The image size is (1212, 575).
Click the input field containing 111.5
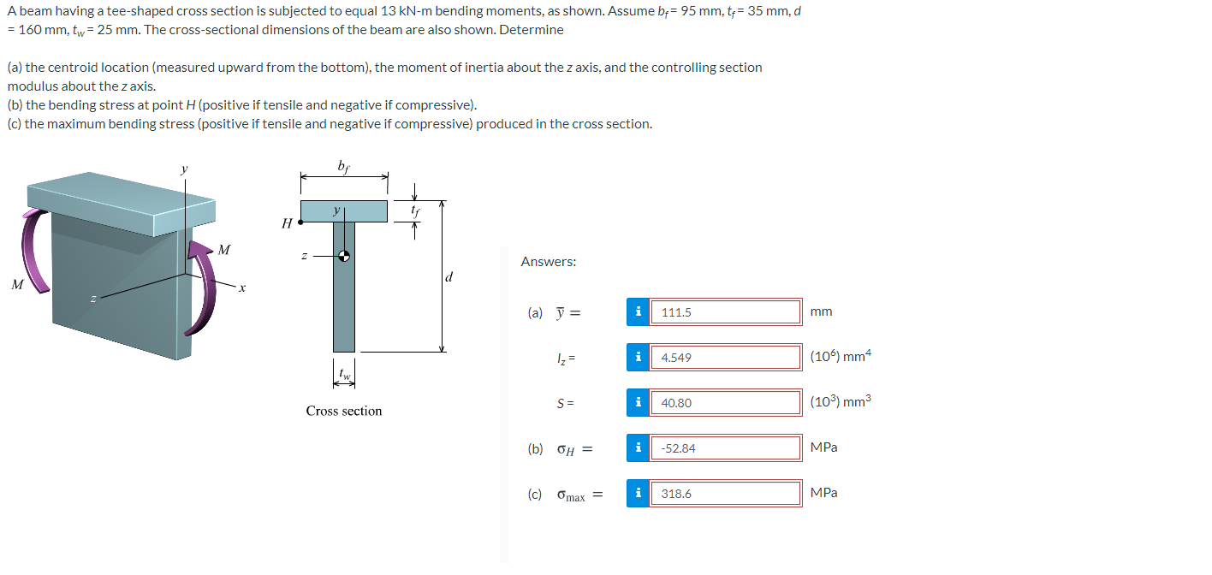(x=725, y=312)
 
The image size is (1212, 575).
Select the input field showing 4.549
(x=725, y=358)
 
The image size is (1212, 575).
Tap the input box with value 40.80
(x=725, y=403)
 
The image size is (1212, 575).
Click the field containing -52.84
(x=725, y=448)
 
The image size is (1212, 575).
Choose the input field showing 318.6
(x=725, y=494)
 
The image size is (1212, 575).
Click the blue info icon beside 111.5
(x=638, y=312)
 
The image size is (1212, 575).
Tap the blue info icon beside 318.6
(x=638, y=494)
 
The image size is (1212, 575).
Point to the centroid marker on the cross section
(x=343, y=255)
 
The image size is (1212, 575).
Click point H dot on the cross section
(x=300, y=222)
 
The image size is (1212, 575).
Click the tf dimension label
(x=415, y=209)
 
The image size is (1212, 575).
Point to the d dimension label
(x=449, y=277)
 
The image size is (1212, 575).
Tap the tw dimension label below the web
(x=344, y=373)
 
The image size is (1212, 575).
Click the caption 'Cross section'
(x=344, y=412)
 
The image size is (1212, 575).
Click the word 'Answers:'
(x=548, y=262)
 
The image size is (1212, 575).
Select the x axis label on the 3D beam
(x=242, y=289)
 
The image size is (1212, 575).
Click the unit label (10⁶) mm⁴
(x=841, y=357)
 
